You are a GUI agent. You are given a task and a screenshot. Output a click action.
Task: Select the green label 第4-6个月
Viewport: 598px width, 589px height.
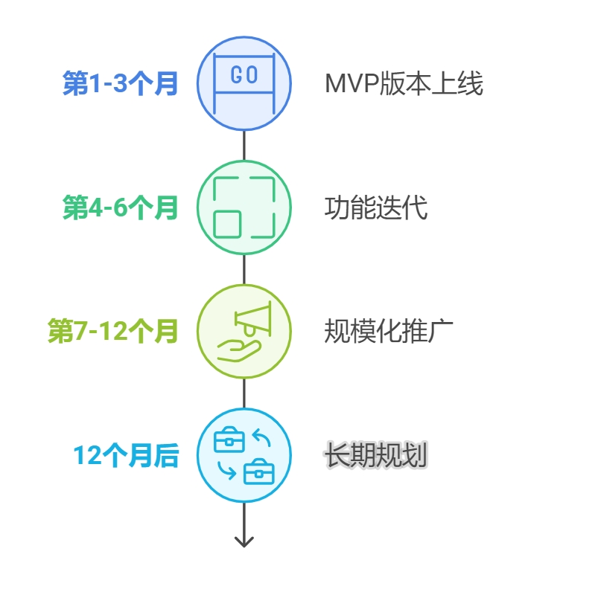(121, 208)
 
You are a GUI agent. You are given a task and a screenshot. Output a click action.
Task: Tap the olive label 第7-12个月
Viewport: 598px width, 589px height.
(113, 332)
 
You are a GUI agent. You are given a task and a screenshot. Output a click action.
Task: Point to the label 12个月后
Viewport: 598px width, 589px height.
(126, 455)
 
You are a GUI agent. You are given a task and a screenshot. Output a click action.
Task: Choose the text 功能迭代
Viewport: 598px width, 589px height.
(376, 208)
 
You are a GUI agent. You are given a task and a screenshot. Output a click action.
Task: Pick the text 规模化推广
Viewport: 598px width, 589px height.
(389, 332)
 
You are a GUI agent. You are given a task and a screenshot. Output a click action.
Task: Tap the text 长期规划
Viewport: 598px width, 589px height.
(376, 455)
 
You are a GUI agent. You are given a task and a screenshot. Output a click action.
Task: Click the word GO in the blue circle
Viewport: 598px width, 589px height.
(244, 75)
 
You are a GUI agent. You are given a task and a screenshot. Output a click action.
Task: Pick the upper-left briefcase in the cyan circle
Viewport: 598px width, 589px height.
(229, 441)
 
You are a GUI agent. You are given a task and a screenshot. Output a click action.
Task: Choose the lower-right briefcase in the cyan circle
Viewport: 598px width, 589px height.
(259, 471)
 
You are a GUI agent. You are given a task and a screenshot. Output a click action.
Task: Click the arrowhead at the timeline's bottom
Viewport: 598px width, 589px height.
(244, 541)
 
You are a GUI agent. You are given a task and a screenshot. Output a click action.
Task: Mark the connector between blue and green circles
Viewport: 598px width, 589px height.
(244, 146)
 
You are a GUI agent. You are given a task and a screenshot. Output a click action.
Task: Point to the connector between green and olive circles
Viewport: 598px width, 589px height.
(244, 269)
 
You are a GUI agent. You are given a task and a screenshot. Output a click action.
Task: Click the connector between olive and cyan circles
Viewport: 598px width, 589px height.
(244, 393)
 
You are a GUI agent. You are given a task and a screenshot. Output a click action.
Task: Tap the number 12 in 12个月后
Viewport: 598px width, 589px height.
(86, 455)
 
